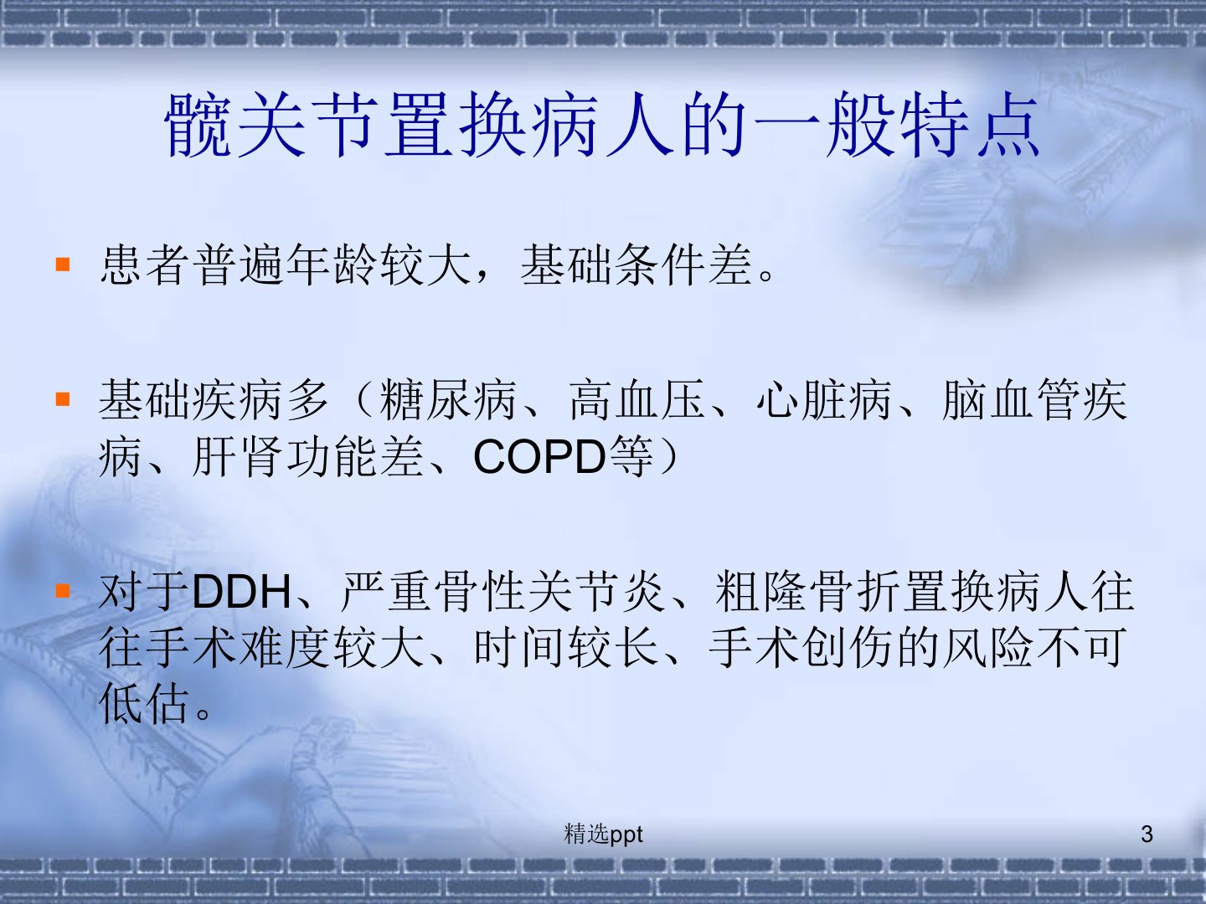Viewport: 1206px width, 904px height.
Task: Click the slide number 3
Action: point(1147,834)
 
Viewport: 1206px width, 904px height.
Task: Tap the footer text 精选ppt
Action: point(603,835)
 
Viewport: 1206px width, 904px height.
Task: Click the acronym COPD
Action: point(539,456)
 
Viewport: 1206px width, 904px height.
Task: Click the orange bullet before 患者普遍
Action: point(63,265)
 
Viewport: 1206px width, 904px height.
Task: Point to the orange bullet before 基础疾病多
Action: point(63,399)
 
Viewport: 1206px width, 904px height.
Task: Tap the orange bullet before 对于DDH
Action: point(63,591)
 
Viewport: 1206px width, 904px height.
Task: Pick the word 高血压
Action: point(637,399)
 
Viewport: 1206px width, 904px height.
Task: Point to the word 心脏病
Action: point(824,399)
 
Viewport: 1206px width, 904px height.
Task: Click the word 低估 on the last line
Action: point(145,703)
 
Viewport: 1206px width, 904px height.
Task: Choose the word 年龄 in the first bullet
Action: point(332,265)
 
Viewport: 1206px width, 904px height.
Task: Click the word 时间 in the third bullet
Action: point(520,648)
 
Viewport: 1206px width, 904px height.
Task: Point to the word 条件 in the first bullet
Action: point(660,265)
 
